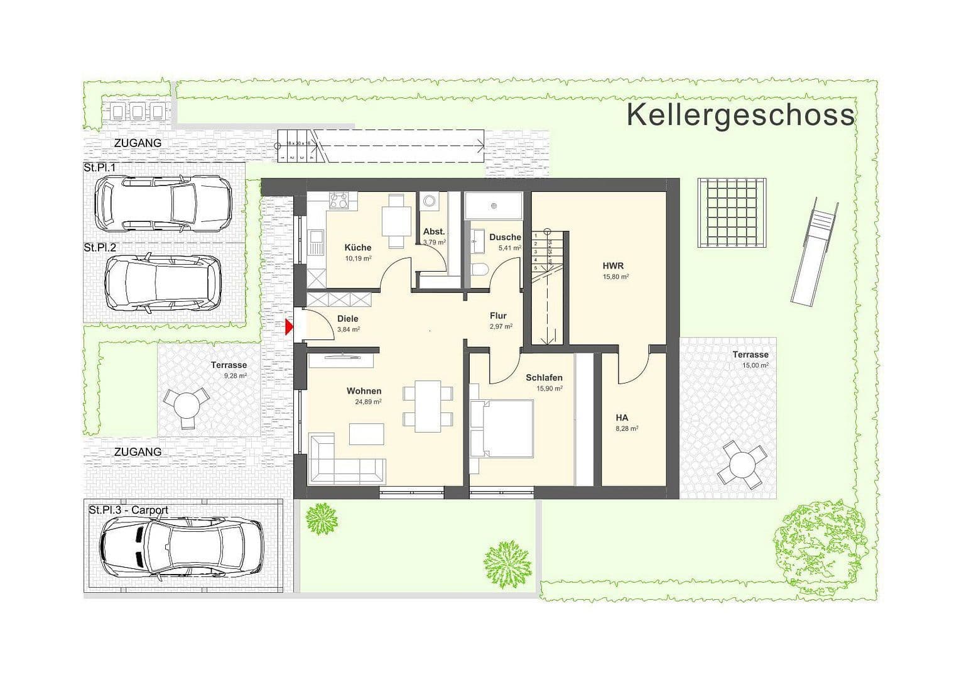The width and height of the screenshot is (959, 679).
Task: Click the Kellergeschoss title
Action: [x=740, y=116]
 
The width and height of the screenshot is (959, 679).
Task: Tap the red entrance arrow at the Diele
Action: [x=290, y=327]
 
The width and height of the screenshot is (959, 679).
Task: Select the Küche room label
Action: [x=357, y=248]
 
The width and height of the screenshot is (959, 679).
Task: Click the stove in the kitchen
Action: [x=339, y=201]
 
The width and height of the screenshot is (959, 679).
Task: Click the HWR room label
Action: [x=612, y=266]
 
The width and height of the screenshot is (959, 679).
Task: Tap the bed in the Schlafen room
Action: [x=502, y=429]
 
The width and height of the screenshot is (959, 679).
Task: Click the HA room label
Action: [x=622, y=417]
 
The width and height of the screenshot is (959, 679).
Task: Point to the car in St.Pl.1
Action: [x=161, y=202]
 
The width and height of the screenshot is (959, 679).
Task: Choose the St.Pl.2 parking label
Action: [x=100, y=248]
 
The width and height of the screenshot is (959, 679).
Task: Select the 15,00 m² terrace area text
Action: [x=755, y=365]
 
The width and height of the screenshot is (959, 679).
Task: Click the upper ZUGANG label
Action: [x=138, y=143]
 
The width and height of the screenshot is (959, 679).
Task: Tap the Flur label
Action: [x=498, y=316]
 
